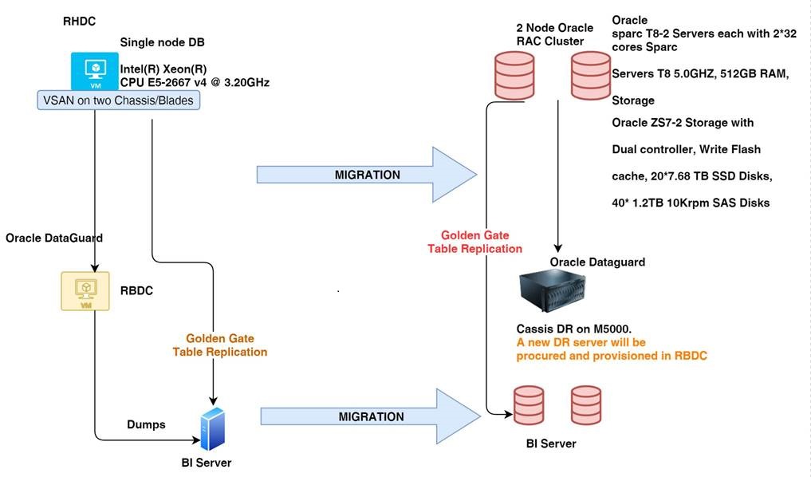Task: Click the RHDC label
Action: point(79,22)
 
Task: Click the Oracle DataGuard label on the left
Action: point(53,238)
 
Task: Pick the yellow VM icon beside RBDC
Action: point(85,290)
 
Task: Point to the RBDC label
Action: point(137,291)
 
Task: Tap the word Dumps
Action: point(145,424)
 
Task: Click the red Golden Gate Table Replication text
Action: point(474,242)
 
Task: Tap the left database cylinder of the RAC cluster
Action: point(514,77)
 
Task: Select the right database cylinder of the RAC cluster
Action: point(589,77)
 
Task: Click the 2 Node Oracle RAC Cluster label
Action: point(555,34)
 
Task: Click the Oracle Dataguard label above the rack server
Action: point(597,262)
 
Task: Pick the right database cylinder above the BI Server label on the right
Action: point(586,406)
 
